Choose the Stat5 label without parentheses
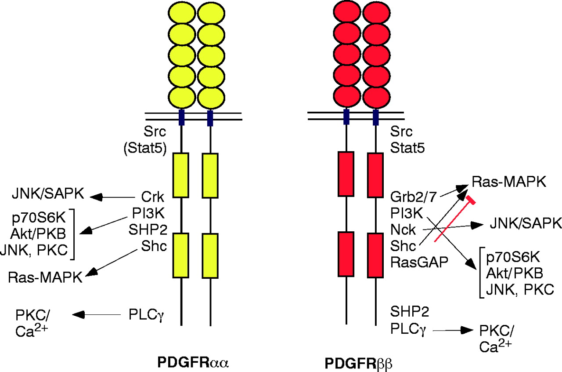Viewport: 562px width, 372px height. (x=407, y=149)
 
